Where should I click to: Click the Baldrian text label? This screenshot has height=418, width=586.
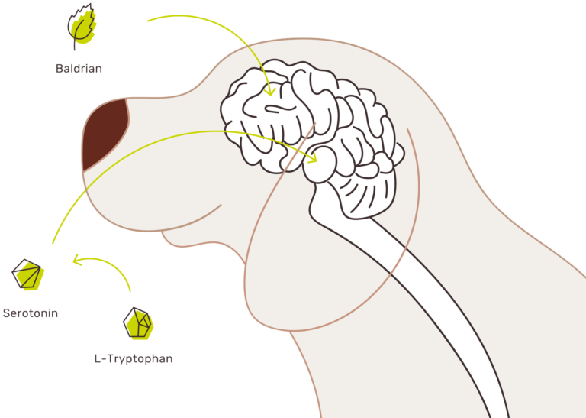[79, 69]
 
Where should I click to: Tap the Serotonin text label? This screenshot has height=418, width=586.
[31, 313]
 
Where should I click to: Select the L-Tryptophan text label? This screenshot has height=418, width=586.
[134, 358]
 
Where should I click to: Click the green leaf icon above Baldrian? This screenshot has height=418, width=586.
[82, 27]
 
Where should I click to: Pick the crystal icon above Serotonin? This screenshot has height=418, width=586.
[28, 274]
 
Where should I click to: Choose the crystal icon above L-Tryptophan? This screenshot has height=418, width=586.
[138, 323]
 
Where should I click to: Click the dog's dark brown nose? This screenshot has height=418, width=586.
[104, 132]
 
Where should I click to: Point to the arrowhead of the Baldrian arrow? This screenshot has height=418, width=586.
[270, 91]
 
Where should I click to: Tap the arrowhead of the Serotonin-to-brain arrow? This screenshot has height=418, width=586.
[312, 157]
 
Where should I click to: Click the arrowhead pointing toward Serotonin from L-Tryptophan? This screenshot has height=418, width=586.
[77, 259]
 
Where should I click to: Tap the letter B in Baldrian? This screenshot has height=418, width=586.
[59, 69]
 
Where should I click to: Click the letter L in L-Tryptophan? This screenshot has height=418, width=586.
[98, 358]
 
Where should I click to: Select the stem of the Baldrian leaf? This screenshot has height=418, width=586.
[75, 41]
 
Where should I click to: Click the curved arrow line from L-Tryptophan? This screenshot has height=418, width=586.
[108, 264]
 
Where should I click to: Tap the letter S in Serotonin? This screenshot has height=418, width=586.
[6, 313]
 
